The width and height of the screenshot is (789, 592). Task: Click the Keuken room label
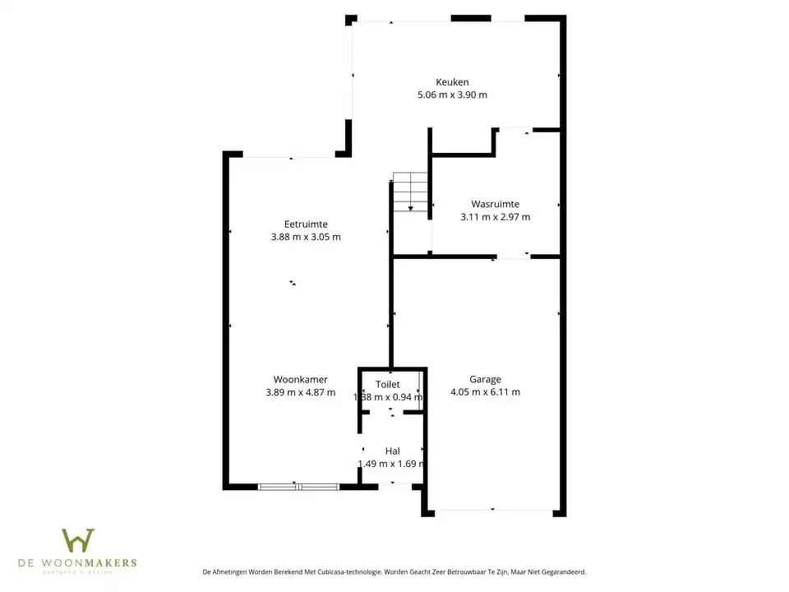452,81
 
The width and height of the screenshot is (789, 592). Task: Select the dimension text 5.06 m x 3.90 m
452,95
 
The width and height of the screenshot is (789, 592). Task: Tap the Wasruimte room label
495,204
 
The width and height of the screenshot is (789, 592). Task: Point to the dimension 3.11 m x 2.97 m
495,217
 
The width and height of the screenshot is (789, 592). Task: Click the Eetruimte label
306,224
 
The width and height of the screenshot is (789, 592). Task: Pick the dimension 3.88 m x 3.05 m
306,237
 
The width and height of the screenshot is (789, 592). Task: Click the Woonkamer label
301,379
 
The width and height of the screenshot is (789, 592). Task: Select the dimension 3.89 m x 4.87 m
301,392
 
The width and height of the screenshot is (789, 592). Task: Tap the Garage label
485,379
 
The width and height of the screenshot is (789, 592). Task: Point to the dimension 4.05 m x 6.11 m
485,392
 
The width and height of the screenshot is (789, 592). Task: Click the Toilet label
388,384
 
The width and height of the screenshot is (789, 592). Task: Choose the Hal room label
392,451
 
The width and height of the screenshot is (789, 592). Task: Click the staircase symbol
410,192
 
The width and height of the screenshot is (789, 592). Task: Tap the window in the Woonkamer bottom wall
298,487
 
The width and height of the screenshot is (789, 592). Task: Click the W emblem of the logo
78,540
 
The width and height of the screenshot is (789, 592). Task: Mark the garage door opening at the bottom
493,511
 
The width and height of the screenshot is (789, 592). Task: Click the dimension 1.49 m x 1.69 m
391,464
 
